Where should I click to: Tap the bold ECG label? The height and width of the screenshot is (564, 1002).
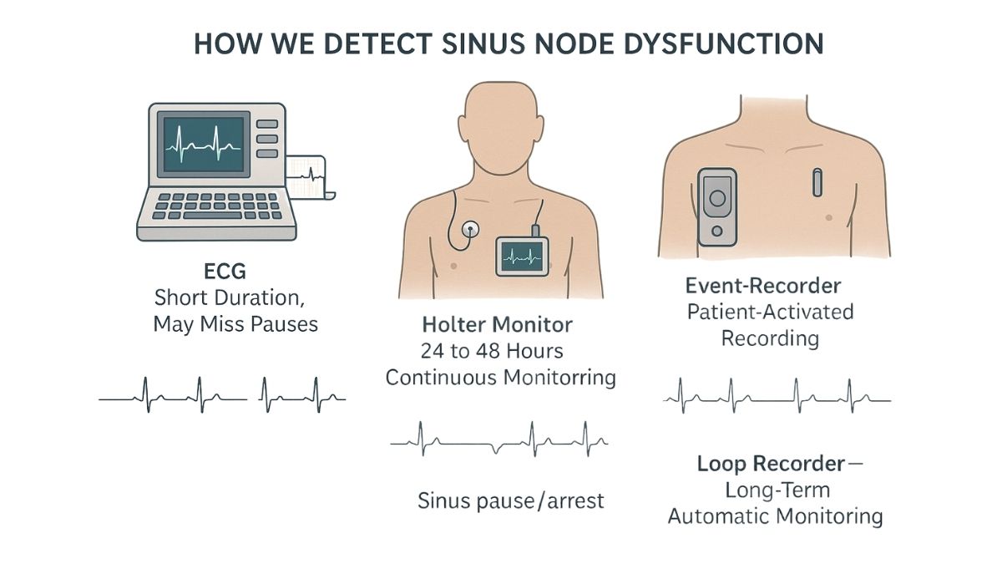pos(225,272)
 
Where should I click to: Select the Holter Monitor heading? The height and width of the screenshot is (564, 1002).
pos(497,324)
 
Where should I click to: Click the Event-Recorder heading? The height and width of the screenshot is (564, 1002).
pos(763,286)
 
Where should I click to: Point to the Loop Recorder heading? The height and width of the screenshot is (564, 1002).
pos(771,463)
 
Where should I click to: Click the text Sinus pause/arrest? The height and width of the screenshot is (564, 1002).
pos(511,500)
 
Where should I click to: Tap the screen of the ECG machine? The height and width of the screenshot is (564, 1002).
pos(204,145)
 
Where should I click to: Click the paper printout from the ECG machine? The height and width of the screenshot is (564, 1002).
pos(309,177)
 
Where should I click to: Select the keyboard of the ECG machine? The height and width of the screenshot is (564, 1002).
pos(217,206)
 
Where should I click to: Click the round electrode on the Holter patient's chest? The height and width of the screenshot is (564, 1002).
pos(470,230)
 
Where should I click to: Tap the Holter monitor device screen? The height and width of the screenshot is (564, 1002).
pos(522,257)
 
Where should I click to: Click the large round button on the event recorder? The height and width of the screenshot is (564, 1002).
pos(717,198)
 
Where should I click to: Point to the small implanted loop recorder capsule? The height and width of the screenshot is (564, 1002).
pos(817,182)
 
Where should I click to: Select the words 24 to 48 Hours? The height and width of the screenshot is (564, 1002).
pos(492,352)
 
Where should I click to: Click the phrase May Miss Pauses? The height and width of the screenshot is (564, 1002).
pos(235,324)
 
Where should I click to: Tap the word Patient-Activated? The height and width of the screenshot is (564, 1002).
pos(770,312)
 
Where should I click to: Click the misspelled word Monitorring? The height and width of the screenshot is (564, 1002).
pos(559,378)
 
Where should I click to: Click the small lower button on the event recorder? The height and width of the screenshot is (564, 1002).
pos(717,231)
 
